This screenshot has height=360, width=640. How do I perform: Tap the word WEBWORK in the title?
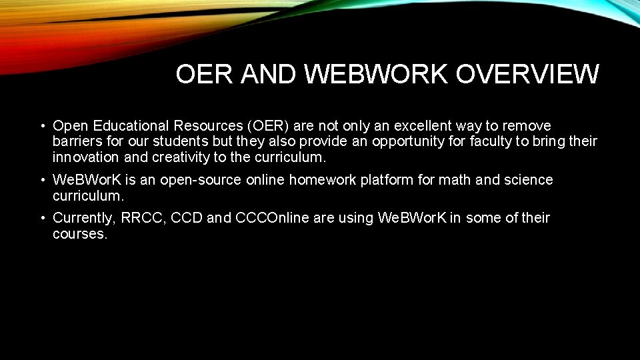[376, 74]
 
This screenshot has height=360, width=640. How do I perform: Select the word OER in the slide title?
[197, 74]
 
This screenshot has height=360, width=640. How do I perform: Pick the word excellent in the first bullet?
[421, 126]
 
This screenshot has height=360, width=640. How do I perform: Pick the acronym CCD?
[187, 218]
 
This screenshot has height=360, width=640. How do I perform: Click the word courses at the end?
[79, 235]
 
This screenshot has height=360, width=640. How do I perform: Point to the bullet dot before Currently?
[42, 218]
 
